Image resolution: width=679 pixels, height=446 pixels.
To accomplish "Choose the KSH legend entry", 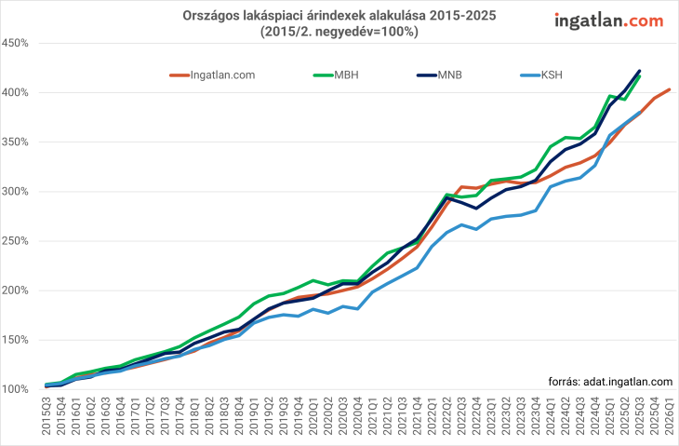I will tap(552, 74).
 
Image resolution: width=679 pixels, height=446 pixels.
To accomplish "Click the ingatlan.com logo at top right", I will tap(609, 20).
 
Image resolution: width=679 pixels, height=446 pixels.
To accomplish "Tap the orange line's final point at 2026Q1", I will tap(669, 89).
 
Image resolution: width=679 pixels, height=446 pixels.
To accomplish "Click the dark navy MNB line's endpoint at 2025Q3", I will tap(639, 71).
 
